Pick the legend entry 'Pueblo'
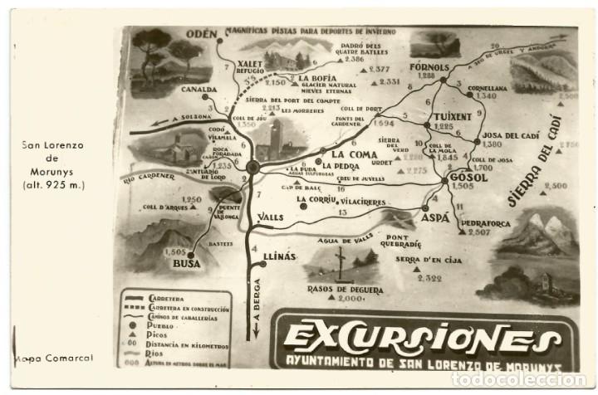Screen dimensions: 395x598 (159, 325)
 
